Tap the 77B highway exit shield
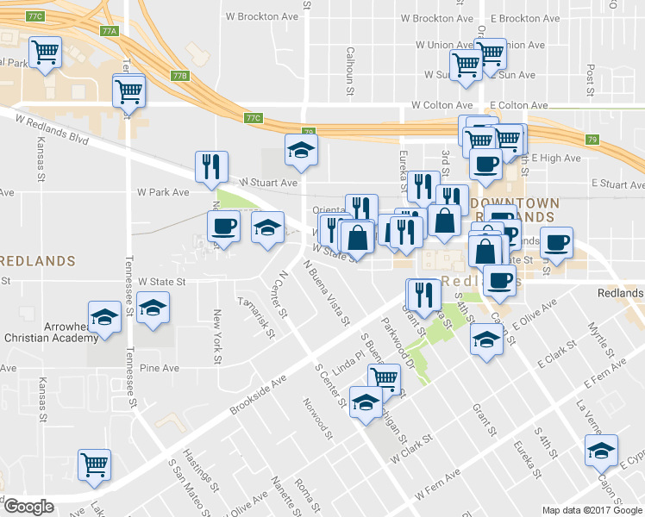(x=179, y=76)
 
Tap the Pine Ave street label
(x=159, y=368)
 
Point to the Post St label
(x=591, y=79)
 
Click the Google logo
(x=28, y=507)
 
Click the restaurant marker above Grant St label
(x=421, y=294)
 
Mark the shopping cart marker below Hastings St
(x=94, y=464)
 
